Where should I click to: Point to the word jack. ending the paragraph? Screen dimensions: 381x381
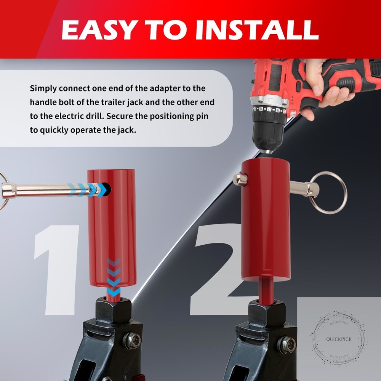[124, 130]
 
